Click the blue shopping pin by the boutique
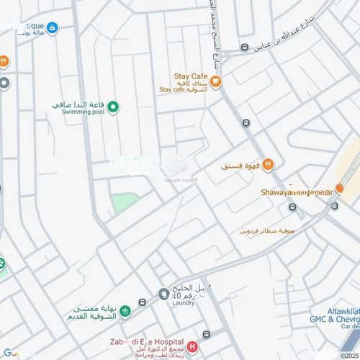coord(52,27)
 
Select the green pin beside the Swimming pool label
coord(113,107)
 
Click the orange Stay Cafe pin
coord(216,82)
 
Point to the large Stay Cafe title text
coord(190,75)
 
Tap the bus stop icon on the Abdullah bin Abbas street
coord(245,48)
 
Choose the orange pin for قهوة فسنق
coord(268,165)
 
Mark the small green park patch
coord(125,202)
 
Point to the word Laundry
coord(184,303)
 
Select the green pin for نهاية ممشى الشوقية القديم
coord(125,311)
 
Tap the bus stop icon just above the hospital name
coord(207,334)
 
